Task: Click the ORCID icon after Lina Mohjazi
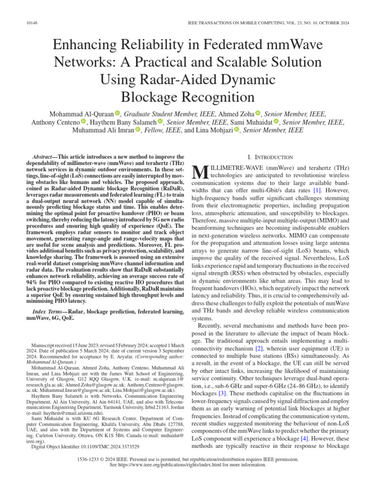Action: [237, 130]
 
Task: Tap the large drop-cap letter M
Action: [201, 172]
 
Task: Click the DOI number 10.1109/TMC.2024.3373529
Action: [106, 446]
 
